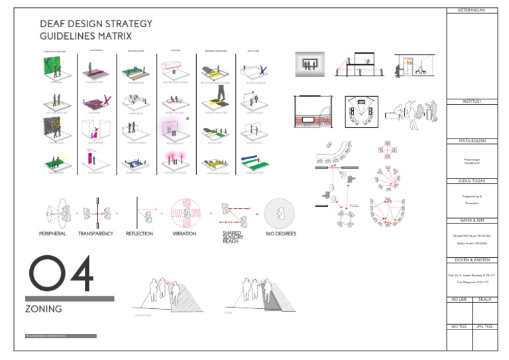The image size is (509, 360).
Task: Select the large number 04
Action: [60, 275]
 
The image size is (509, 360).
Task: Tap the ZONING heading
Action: [44, 309]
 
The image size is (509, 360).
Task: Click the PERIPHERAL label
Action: [53, 234]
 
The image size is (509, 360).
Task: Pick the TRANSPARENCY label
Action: [96, 234]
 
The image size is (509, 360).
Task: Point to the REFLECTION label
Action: [139, 234]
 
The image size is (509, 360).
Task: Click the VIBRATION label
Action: [184, 234]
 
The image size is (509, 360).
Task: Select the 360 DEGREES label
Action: [281, 234]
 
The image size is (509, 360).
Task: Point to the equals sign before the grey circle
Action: [257, 213]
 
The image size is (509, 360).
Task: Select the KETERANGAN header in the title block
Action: [472, 11]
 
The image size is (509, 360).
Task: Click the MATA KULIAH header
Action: [472, 141]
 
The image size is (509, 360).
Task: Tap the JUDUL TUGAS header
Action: [472, 180]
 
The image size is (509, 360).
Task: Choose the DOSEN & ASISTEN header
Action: [472, 259]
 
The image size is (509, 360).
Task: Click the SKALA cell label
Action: [484, 300]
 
